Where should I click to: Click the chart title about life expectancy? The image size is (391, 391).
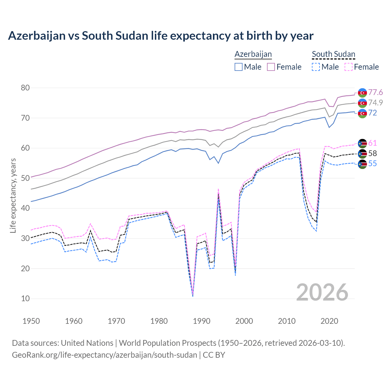coord(161,36)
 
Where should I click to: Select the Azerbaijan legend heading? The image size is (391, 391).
coord(253,54)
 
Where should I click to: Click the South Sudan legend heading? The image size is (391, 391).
coord(333,54)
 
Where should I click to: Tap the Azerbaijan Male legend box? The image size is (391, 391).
coord(239,67)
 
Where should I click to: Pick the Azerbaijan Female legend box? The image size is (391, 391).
coord(271,67)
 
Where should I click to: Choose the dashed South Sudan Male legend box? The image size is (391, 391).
coord(316,67)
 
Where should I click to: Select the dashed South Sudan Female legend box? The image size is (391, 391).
coord(349,67)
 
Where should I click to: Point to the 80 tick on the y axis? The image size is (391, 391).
coord(25,88)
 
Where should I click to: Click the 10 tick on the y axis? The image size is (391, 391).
coord(25,298)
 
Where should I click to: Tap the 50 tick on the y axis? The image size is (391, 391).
coord(25,178)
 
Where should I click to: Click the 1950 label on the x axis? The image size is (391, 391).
coord(31,321)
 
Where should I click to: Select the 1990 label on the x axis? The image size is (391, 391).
coord(202,321)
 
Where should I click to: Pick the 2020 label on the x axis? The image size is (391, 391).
coord(329,321)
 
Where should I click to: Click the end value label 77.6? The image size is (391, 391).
coord(375,92)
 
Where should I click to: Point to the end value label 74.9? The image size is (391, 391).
coord(375,103)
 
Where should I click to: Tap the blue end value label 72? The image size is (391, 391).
coord(373,113)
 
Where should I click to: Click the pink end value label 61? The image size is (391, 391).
coord(373,143)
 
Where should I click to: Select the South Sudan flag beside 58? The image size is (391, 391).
coord(362,154)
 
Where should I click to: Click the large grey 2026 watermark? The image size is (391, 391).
coord(322,292)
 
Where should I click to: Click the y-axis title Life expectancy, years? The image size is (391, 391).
coord(13,195)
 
